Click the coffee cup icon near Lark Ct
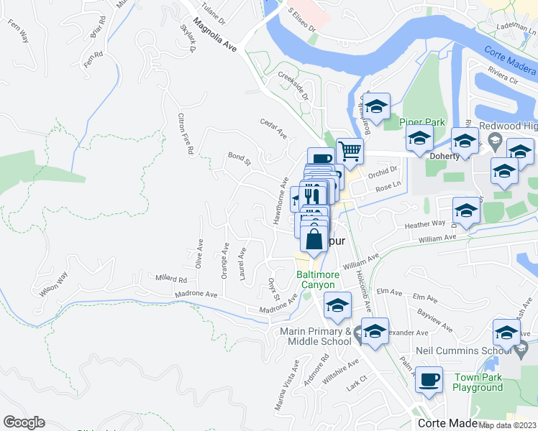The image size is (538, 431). pyautogui.click(x=430, y=380)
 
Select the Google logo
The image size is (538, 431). pyautogui.click(x=24, y=422)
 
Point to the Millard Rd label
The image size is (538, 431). pyautogui.click(x=171, y=278)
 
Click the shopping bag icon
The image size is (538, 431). pyautogui.click(x=314, y=239)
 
